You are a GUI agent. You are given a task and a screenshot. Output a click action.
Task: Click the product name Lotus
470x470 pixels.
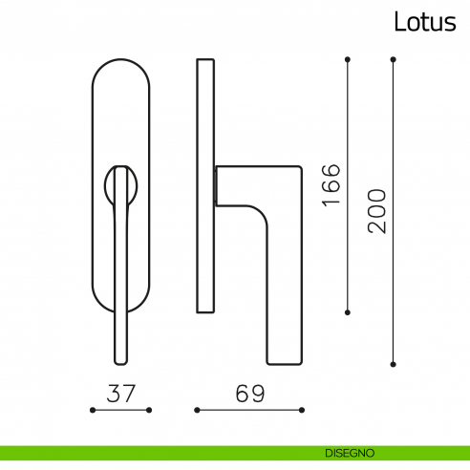coord(424,22)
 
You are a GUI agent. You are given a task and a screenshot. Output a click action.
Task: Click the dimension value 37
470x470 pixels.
coord(120,392)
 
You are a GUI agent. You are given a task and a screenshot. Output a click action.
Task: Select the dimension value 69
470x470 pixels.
coord(249,392)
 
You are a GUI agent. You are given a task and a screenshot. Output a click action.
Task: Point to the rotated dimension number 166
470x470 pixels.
coord(331,185)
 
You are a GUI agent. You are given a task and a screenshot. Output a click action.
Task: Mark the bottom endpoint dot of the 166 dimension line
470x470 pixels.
coord(347,310)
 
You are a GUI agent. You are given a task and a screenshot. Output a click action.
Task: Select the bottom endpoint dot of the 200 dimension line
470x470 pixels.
coord(393,363)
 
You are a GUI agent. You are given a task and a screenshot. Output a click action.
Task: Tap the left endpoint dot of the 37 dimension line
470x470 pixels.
coord(92,410)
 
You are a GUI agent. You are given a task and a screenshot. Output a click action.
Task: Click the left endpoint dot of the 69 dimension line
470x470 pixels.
coord(197,410)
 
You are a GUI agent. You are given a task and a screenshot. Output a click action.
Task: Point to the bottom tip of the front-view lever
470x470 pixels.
coord(120,360)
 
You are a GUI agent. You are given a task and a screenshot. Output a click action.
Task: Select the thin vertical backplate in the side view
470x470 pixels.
coord(204,186)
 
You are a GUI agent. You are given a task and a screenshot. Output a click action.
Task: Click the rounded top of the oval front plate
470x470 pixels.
coord(120,67)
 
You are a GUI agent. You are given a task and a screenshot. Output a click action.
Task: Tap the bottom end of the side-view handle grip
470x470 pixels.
coord(286,358)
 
